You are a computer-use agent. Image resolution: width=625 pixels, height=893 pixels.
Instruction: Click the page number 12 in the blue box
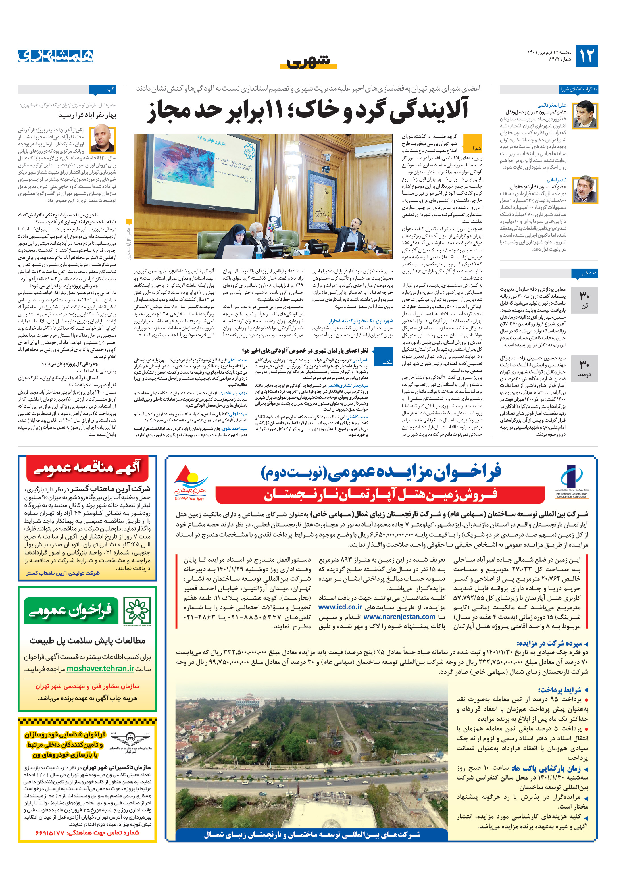pos(586,56)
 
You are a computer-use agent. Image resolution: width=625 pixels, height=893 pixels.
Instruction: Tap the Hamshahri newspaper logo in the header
pos(56,56)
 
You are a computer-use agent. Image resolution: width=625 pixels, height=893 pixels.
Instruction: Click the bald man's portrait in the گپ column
pos(102,139)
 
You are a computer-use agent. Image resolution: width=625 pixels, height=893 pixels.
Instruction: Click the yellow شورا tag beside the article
pos(476,148)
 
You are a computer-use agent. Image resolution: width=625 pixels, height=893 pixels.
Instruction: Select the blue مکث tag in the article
pos(387,362)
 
